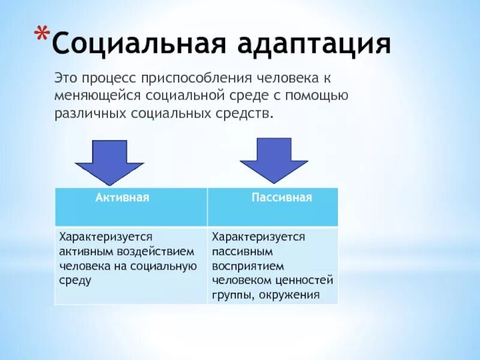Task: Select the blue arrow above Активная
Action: pos(109,161)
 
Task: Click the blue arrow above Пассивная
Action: pos(274,160)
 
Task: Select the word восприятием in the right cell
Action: pos(244,266)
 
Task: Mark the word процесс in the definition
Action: pos(108,79)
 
